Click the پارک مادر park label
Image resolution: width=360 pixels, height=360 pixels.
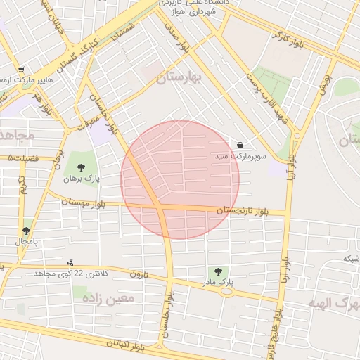click(217, 282)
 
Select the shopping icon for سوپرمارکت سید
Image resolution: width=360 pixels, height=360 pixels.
click(241, 146)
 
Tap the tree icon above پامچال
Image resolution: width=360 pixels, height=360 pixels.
click(26, 230)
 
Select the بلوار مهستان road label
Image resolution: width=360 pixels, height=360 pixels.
click(84, 202)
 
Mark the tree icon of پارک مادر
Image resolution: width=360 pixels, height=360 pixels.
click(217, 271)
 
